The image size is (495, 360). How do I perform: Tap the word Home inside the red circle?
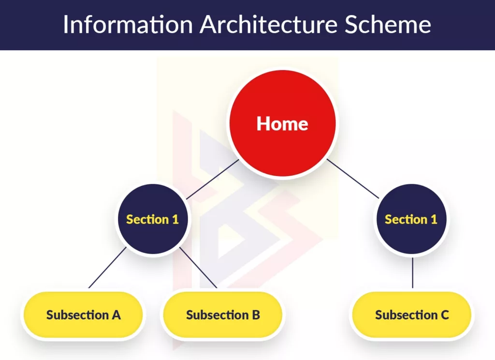coord(282,124)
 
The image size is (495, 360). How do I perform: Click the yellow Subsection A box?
coord(83,315)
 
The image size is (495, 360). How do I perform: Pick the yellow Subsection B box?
coord(223,315)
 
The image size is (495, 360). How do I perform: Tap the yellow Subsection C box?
coord(412,315)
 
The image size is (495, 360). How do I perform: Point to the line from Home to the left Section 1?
coord(213,179)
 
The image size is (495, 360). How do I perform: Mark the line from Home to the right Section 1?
coord(352,179)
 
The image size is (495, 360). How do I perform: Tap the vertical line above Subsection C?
coord(412,272)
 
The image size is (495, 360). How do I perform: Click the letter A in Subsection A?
coord(116,315)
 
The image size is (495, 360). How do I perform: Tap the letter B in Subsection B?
coord(255,315)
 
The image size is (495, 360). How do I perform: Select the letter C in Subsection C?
coord(444,315)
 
